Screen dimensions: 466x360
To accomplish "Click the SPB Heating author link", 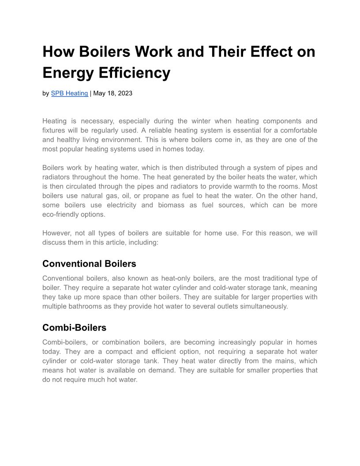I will point(69,93).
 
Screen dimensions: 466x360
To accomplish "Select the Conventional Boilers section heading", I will point(89,264).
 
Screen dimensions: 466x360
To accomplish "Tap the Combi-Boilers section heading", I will point(74,328).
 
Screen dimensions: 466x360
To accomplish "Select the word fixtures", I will point(54,131).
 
